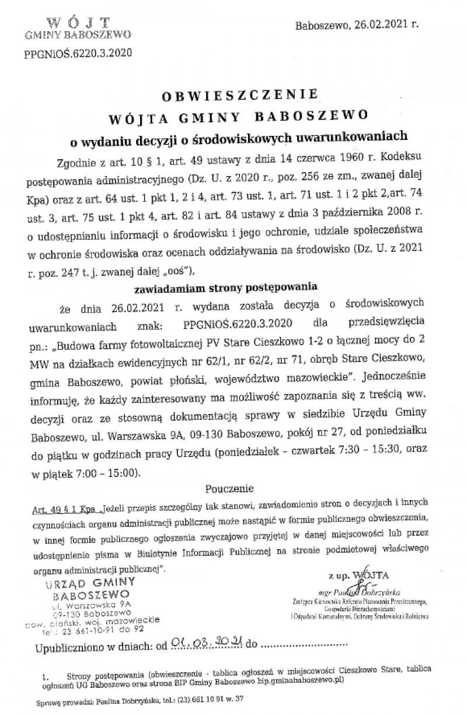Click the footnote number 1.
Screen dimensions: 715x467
(x=44, y=677)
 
